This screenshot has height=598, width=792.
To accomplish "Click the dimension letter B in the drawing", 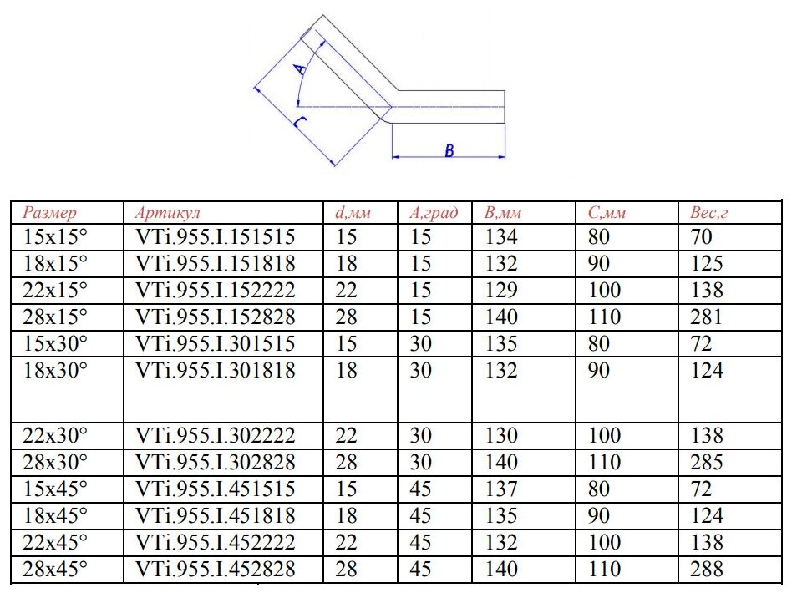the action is point(449,151).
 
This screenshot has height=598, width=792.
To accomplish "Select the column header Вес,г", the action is point(708,213).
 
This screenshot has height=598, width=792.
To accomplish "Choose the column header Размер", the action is point(49,213).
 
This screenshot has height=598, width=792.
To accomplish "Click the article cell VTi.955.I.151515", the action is point(215,237).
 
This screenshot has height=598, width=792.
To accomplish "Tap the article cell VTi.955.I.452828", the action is point(215,570).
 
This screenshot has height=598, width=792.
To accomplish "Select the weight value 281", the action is point(706,317).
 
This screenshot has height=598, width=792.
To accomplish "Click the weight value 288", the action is point(706,570).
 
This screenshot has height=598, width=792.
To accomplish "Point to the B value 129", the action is point(501,291).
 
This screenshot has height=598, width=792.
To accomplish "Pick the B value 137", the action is point(501,489).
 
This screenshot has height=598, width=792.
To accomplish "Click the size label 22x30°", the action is point(55,436).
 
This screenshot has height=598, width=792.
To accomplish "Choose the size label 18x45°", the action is point(55,516).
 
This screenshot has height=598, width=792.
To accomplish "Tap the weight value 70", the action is point(701,237).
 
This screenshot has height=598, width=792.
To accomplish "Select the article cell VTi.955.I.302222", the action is point(215,436).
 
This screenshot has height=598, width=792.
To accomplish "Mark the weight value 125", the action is point(706,264).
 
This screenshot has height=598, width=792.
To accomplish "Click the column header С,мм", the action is point(607,213).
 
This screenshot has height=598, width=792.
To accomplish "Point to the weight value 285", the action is point(706,463).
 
